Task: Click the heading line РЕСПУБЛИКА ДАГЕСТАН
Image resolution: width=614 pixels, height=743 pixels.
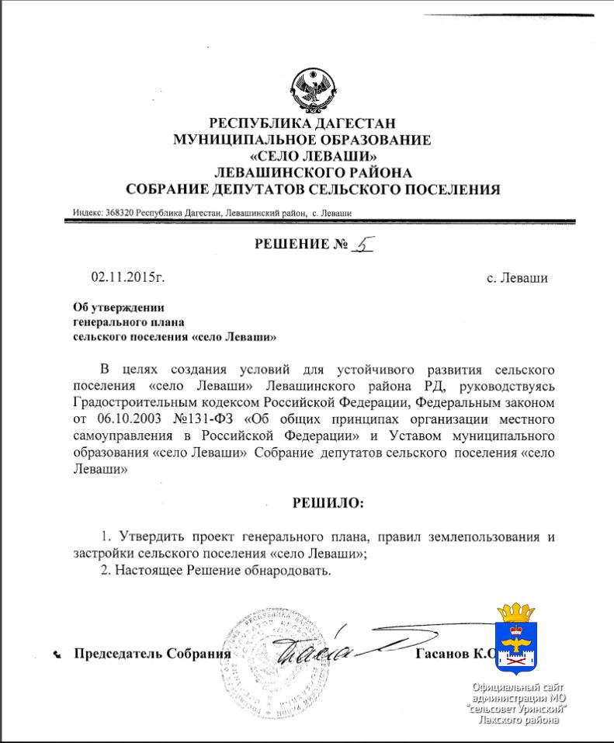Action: [x=303, y=123]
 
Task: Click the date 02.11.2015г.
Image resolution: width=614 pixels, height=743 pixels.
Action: [x=128, y=277]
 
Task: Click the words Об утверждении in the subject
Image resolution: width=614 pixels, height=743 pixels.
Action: [x=118, y=307]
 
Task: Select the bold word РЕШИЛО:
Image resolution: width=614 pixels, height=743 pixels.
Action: [x=327, y=502]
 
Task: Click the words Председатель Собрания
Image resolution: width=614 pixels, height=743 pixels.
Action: [x=152, y=653]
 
